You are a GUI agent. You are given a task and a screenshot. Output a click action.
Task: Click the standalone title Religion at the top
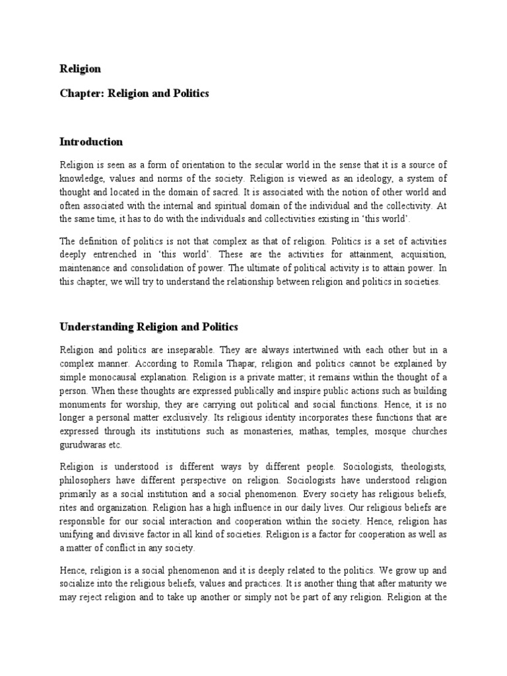click(80, 69)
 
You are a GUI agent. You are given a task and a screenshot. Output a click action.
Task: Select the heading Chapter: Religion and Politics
click(134, 93)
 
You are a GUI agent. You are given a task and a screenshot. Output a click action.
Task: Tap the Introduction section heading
click(91, 142)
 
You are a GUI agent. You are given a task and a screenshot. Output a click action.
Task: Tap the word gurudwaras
click(84, 446)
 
